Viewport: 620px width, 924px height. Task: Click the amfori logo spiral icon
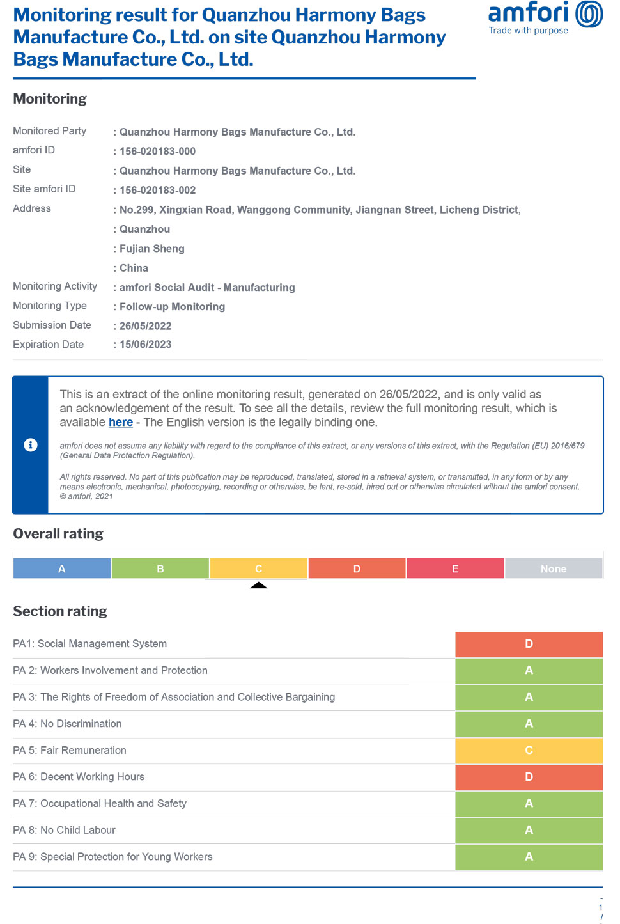tap(589, 14)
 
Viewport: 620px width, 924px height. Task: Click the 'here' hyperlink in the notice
tap(121, 422)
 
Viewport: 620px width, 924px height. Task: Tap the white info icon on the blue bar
tap(31, 445)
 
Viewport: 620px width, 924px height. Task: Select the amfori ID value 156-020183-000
tap(157, 152)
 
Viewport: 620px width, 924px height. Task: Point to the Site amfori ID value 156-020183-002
tap(157, 191)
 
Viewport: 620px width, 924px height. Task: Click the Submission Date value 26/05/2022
tap(146, 326)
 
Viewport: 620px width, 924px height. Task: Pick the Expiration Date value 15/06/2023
tap(146, 345)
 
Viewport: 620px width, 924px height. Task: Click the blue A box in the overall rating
tap(62, 568)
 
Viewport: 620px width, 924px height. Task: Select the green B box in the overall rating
tap(160, 568)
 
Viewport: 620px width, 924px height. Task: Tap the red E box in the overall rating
tap(455, 568)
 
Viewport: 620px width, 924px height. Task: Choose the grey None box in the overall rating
tap(554, 568)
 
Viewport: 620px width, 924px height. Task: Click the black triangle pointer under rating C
tap(259, 585)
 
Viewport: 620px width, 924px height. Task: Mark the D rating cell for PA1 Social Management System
tap(529, 644)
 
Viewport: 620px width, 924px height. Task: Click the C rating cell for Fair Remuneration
tap(529, 750)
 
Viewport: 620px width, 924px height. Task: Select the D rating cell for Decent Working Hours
tap(529, 777)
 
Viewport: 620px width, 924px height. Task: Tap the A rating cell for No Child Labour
tap(529, 830)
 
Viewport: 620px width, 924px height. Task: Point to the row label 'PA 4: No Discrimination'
tap(67, 724)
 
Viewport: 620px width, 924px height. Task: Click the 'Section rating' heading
tap(60, 611)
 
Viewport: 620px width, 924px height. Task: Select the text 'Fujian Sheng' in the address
tap(152, 249)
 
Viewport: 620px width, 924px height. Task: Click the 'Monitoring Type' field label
tap(50, 306)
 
